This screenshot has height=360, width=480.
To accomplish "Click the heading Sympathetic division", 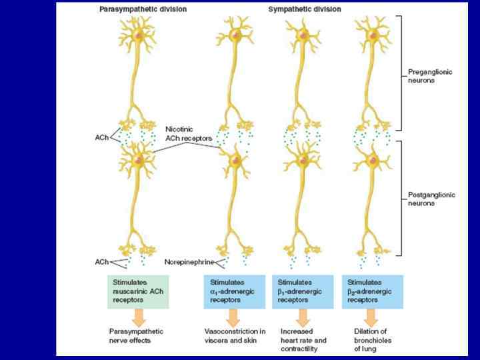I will (x=305, y=10).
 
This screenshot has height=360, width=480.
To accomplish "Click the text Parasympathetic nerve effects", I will (x=137, y=335).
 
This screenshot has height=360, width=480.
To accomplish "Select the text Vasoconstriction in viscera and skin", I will (x=235, y=335).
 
